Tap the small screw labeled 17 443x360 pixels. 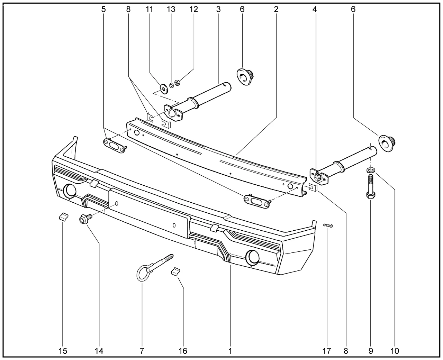(x=328, y=226)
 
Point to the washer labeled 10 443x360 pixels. (x=371, y=170)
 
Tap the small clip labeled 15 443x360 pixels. (x=62, y=217)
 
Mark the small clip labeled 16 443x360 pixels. (x=176, y=271)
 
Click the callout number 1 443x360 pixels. (x=230, y=351)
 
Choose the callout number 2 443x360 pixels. (x=276, y=9)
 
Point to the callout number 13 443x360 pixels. (x=171, y=9)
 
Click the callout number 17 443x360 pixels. (x=327, y=351)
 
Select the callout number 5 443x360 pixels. (x=103, y=9)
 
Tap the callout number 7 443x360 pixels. (x=142, y=351)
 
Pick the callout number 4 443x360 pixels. (x=315, y=9)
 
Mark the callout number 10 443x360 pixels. (x=395, y=351)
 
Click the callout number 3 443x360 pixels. (x=218, y=9)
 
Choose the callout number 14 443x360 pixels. (x=99, y=351)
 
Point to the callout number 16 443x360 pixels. (x=183, y=351)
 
